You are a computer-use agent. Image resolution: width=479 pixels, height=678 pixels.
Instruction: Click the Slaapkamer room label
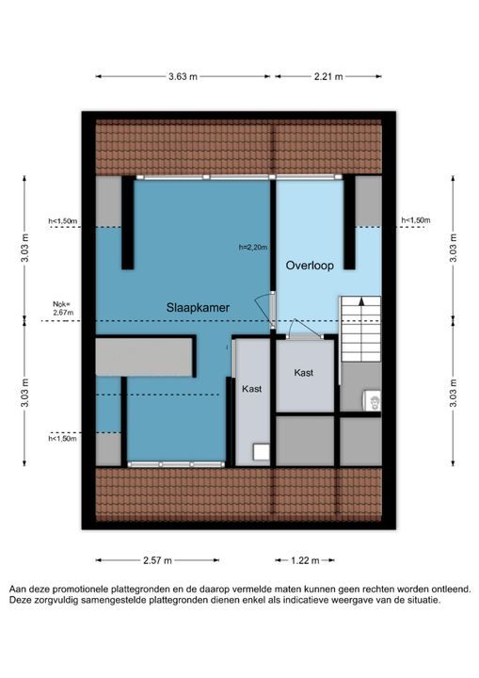click(198, 308)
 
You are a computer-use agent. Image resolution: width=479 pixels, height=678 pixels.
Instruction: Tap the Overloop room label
click(310, 265)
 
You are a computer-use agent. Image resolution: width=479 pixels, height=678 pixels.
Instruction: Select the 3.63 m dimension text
click(183, 76)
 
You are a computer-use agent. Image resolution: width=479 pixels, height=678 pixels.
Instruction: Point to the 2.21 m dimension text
click(328, 76)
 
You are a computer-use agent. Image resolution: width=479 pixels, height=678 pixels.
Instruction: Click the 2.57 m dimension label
click(157, 560)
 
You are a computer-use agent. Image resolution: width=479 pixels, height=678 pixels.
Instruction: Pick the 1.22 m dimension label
click(305, 560)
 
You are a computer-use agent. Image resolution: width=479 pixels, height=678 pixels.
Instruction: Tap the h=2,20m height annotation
click(253, 248)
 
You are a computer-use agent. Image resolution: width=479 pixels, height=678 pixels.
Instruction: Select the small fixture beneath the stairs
click(372, 400)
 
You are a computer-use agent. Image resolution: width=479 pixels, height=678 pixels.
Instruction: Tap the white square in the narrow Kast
click(261, 452)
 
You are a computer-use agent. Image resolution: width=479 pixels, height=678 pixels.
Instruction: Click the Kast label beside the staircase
click(303, 373)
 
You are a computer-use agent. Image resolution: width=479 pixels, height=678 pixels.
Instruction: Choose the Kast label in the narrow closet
click(251, 389)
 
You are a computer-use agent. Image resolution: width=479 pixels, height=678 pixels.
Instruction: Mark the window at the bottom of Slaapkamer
click(176, 464)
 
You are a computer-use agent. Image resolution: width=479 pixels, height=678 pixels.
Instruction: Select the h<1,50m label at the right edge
click(415, 220)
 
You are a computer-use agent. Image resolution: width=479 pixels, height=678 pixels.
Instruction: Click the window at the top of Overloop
click(306, 177)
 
